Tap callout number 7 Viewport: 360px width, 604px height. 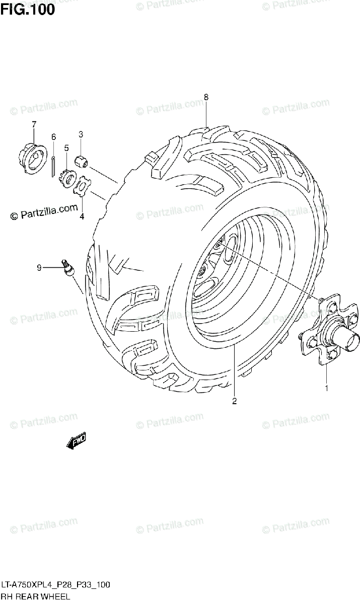[x=34, y=124]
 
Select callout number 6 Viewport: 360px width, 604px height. [x=53, y=137]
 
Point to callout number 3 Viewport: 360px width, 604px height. [x=81, y=134]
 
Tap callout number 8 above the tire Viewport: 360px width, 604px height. [x=206, y=97]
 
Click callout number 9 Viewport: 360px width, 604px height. [x=39, y=268]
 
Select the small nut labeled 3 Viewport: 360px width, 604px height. [x=82, y=162]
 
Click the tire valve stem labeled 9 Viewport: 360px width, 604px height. [x=66, y=267]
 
